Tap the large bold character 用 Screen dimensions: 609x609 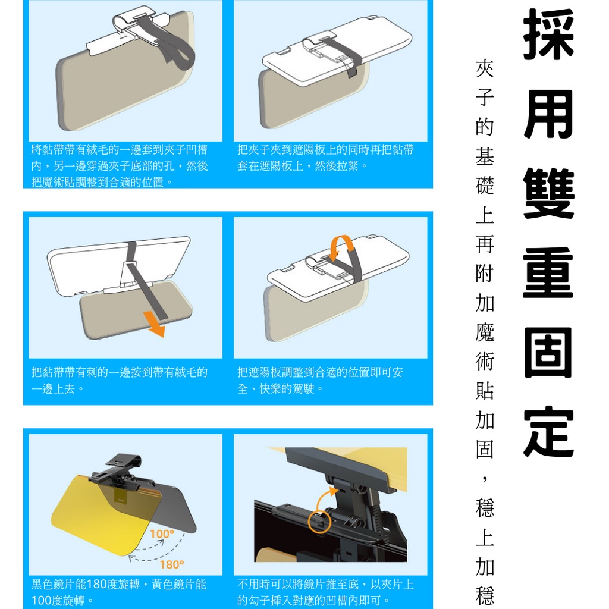click(x=548, y=114)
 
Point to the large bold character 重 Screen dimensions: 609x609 click(x=548, y=272)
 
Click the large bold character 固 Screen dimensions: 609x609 click(x=548, y=352)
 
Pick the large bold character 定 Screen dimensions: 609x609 click(x=548, y=432)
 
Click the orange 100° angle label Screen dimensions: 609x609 click(x=162, y=533)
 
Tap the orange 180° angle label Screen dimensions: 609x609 click(x=172, y=564)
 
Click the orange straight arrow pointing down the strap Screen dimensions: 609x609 click(x=154, y=324)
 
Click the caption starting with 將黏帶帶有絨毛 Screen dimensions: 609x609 click(x=120, y=166)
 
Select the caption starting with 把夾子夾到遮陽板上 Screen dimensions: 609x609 click(x=325, y=158)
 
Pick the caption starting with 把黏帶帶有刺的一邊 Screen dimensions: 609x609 click(x=120, y=380)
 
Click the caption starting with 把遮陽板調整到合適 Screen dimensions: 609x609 click(x=320, y=380)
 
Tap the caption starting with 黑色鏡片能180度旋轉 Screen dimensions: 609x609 click(x=119, y=592)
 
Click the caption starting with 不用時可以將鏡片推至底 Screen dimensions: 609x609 click(x=325, y=592)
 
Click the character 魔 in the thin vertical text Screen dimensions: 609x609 click(x=485, y=332)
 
